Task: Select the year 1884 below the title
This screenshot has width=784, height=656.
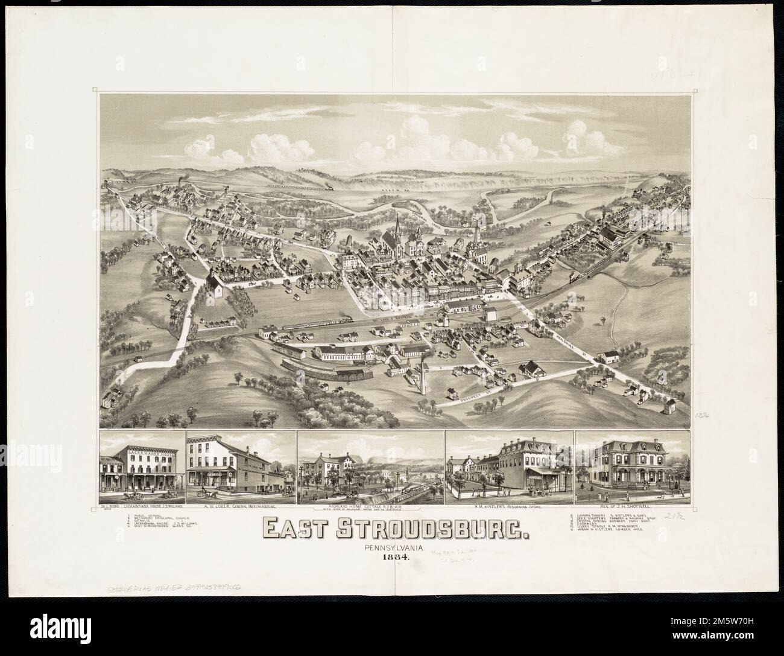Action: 396,558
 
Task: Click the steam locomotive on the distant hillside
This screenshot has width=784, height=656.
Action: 331,188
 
